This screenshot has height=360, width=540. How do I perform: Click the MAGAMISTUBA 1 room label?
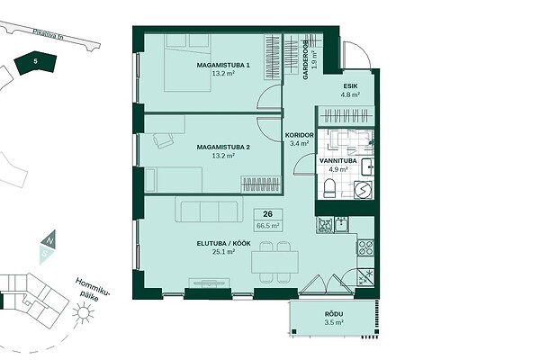coord(223,65)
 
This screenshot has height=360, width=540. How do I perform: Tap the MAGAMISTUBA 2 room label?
coord(223,147)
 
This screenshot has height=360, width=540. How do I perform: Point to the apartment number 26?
coord(267,214)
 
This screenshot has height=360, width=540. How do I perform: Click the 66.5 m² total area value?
coord(267,226)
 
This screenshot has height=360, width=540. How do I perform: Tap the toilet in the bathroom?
coord(329,188)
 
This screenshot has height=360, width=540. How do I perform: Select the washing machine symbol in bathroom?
coord(363,190)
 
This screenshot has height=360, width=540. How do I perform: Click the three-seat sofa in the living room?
coord(209,209)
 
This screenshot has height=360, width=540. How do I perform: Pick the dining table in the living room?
coord(274,262)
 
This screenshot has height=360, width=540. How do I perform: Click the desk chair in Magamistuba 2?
coord(163,140)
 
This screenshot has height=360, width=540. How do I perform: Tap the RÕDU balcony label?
coord(334,314)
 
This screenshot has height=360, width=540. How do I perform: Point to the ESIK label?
coord(350,86)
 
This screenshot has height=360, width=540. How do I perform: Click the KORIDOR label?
coord(300,135)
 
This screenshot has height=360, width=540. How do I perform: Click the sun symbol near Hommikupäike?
coord(83,312)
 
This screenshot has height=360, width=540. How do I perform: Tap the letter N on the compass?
coord(49,241)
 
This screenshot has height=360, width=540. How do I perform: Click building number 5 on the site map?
coord(35,62)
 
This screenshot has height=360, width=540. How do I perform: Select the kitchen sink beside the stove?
coord(342,225)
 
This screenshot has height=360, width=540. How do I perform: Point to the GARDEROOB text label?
coord(305,60)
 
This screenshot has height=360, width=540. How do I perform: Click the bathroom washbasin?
coord(367,167)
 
